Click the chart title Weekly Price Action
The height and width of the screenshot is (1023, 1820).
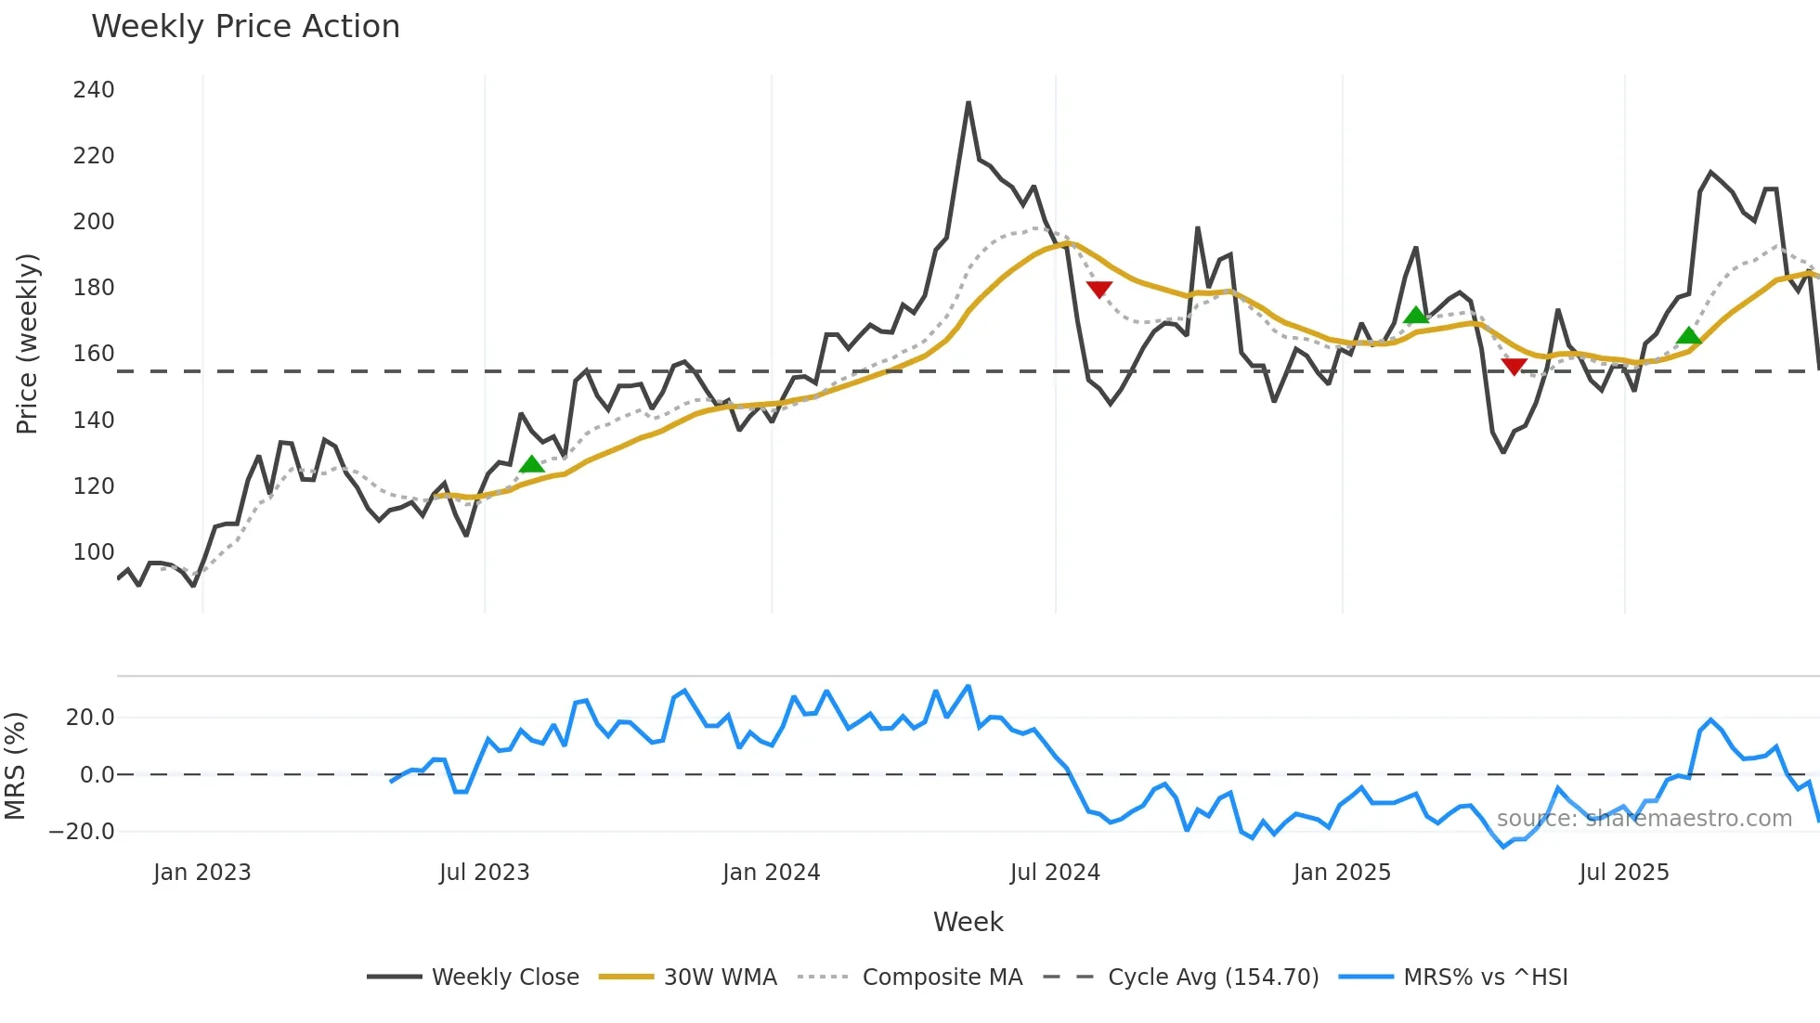coord(245,27)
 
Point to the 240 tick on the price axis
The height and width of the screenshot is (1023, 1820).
coord(94,90)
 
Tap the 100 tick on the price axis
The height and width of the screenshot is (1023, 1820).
coord(94,552)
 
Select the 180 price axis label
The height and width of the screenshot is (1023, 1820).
coord(94,288)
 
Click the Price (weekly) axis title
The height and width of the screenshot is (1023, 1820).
coord(27,343)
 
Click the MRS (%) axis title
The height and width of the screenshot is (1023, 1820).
coord(15,766)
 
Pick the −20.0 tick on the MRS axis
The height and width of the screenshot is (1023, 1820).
coord(82,832)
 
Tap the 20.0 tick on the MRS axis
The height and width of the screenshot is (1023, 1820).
coord(90,718)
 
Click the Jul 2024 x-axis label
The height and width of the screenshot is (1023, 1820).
coord(1055,873)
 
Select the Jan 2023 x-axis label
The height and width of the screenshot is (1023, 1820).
coord(202,873)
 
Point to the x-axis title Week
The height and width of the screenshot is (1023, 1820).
coord(968,922)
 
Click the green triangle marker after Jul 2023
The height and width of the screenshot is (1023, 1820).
coord(531,464)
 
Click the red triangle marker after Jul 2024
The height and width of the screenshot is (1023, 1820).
coord(1098,290)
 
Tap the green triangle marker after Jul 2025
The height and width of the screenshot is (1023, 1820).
coord(1689,336)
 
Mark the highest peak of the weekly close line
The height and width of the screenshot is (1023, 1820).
coord(968,103)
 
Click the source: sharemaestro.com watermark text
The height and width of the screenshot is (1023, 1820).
coord(1644,819)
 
